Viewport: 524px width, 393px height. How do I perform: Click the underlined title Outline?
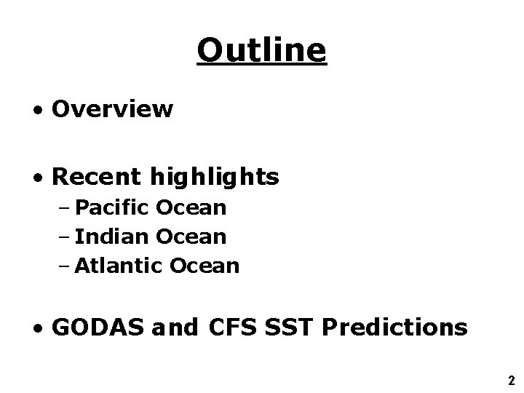click(x=262, y=50)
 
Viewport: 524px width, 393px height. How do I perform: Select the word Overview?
click(x=113, y=109)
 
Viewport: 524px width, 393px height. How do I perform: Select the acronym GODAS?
click(x=99, y=328)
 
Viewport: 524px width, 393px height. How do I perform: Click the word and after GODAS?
click(x=175, y=328)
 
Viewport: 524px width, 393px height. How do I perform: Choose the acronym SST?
click(x=290, y=328)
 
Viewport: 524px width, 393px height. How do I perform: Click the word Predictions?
click(x=394, y=328)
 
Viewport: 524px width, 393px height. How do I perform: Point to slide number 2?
click(x=512, y=380)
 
